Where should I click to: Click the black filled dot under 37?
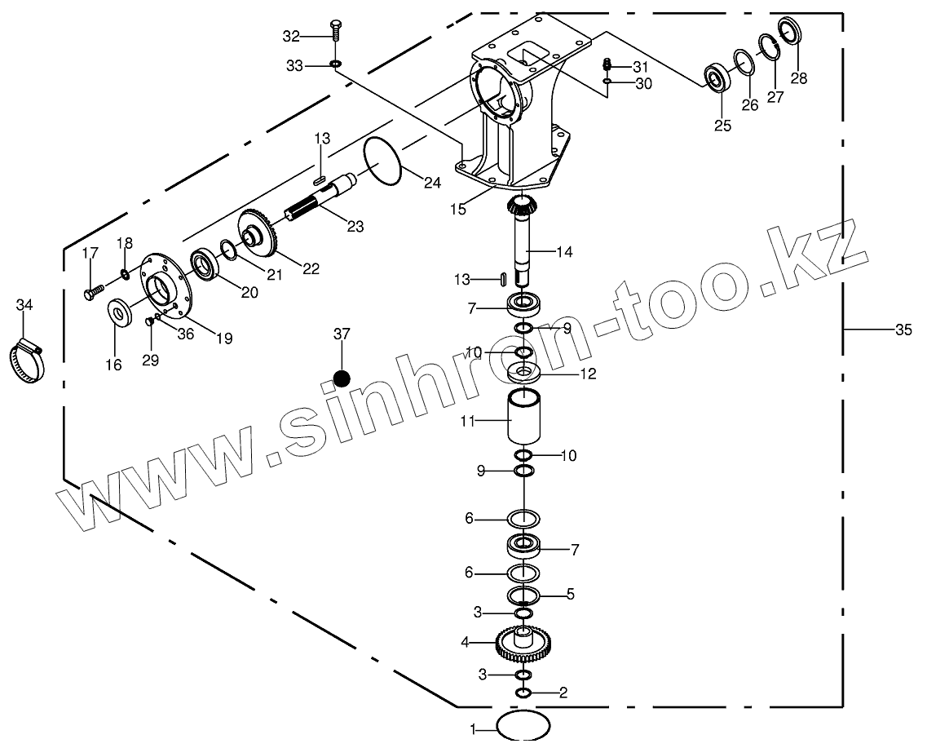point(342,378)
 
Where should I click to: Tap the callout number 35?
point(903,330)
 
